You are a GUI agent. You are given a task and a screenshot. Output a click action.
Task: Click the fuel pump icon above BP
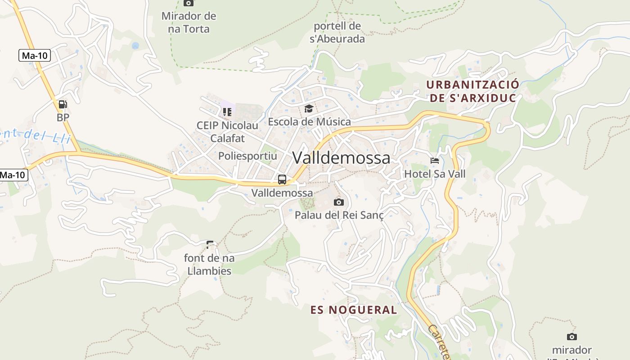coord(63,104)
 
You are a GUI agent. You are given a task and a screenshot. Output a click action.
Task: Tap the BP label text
coord(63,117)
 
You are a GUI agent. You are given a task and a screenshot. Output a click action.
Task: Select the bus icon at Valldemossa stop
coord(282,180)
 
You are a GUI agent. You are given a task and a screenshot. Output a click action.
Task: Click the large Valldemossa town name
coord(341,158)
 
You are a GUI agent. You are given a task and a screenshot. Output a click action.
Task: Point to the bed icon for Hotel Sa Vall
coord(434,161)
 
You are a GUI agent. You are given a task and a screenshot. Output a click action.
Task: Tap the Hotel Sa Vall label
coord(435,174)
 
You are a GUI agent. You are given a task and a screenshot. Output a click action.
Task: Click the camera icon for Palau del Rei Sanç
coord(339,202)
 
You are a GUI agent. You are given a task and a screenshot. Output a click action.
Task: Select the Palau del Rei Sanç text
coord(339,215)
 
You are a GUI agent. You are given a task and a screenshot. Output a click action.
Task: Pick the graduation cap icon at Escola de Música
coord(309,108)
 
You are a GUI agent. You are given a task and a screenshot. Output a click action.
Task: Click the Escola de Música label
coord(309,121)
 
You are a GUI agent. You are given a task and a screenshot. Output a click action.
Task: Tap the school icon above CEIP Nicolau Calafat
coord(227,112)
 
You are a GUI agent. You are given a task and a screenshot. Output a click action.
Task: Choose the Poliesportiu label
coord(247,156)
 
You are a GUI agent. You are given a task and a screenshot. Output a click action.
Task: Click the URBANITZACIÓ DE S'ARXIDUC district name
coord(472,91)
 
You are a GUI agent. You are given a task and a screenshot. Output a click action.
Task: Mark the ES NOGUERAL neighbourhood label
coord(354,310)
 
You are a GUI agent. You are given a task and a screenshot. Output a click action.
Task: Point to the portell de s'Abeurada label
coord(337,32)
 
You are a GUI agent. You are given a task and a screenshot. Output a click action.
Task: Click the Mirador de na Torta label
coord(189,22)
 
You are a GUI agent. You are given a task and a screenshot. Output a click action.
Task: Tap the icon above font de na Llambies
coord(209,245)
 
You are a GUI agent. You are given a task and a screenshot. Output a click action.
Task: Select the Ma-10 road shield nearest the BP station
coord(35,56)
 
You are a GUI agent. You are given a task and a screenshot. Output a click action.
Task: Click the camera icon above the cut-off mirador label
coord(571,337)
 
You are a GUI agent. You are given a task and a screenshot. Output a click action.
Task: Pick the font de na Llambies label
coord(209,265)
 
